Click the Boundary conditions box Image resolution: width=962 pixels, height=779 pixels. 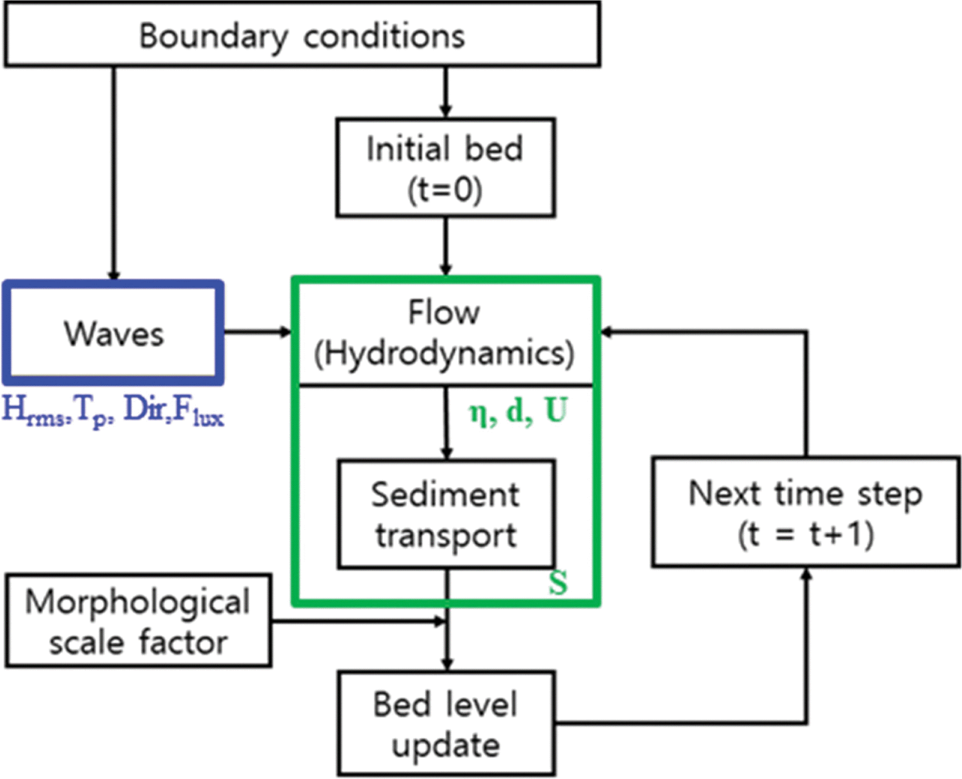(x=302, y=35)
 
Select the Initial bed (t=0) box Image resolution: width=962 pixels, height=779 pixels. (x=445, y=168)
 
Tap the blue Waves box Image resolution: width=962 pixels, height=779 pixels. (x=114, y=333)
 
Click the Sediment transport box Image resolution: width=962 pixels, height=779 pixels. (x=446, y=514)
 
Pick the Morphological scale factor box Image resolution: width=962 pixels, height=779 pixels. (x=138, y=621)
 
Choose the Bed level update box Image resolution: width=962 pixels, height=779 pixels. (x=446, y=723)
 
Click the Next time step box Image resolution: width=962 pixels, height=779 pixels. (x=806, y=512)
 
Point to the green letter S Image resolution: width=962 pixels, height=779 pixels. (x=558, y=583)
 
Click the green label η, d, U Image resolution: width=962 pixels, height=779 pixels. (x=518, y=411)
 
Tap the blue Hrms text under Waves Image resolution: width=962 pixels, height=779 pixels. (x=34, y=411)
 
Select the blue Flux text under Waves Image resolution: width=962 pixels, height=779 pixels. (x=198, y=413)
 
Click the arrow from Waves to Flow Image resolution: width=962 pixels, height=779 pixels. (x=258, y=332)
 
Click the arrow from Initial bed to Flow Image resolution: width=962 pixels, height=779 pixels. (x=446, y=246)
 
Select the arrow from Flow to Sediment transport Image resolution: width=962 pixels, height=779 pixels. (x=447, y=422)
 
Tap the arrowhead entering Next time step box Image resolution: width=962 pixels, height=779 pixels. (x=806, y=574)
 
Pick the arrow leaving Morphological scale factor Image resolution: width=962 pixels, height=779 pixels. (x=359, y=621)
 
